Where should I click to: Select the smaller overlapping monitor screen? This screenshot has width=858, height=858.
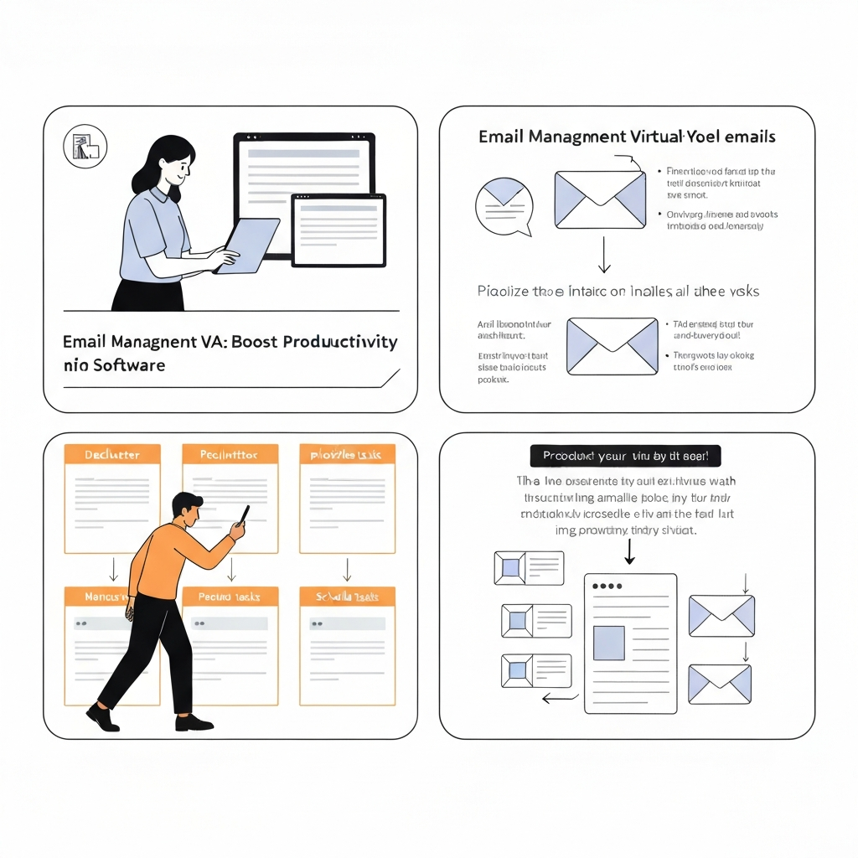(339, 230)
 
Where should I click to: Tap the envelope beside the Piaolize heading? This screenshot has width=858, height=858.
(612, 345)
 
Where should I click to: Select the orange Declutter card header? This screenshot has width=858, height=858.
(112, 455)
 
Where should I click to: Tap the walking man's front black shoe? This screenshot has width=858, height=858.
(194, 723)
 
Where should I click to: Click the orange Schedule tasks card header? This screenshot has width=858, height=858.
(347, 597)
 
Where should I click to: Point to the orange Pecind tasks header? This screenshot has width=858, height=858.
(230, 597)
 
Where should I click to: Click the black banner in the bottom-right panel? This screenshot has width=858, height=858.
(625, 457)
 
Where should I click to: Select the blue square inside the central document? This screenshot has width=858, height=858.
(609, 643)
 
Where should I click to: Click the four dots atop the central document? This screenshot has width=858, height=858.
(607, 586)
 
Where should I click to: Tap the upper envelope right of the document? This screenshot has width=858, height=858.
(721, 615)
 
